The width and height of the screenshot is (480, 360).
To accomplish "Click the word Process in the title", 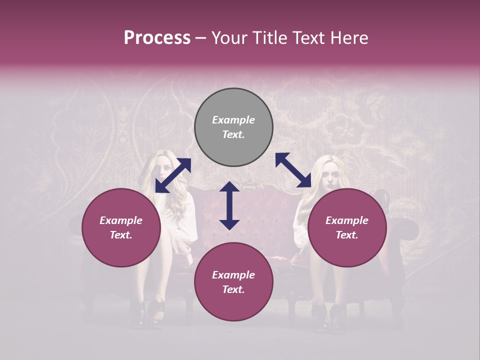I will pyautogui.click(x=157, y=38).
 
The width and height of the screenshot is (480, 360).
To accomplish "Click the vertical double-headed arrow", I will pyautogui.click(x=229, y=205).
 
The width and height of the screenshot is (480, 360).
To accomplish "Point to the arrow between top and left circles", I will pyautogui.click(x=173, y=175).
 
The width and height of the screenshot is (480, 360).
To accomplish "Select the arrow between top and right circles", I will pyautogui.click(x=293, y=170).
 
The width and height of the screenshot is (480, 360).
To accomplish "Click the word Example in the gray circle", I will pyautogui.click(x=233, y=120).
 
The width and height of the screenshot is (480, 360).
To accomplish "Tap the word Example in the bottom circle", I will pyautogui.click(x=233, y=275).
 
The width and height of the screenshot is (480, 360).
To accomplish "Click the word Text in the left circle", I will pyautogui.click(x=121, y=235).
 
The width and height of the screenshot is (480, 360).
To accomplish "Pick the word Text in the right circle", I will pyautogui.click(x=347, y=235).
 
